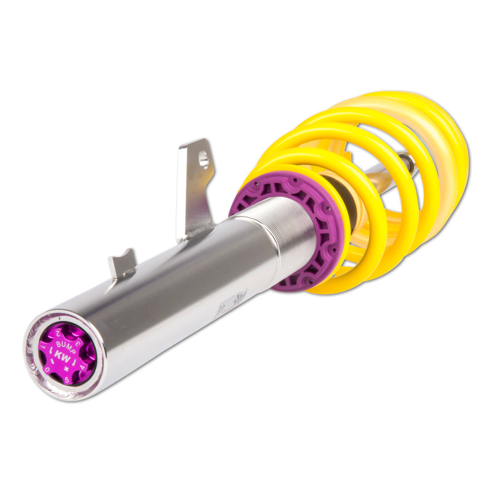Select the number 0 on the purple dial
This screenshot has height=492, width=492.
click(47, 370)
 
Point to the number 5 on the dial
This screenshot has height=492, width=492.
click(67, 380)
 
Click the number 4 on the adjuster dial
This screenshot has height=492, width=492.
click(82, 367)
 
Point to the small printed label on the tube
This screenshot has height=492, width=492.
click(237, 302)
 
